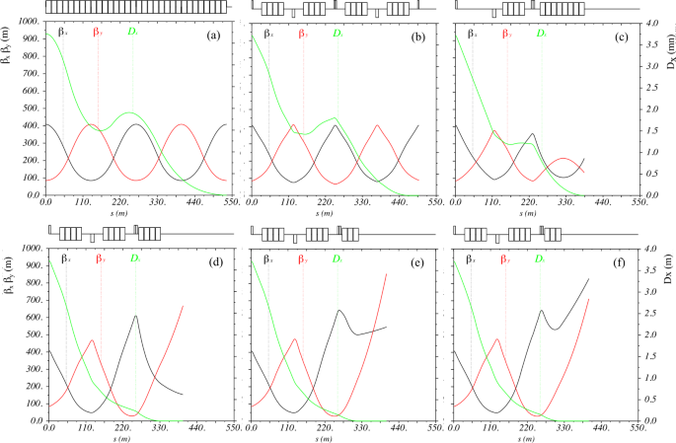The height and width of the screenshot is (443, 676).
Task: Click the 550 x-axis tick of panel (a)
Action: pos(230,202)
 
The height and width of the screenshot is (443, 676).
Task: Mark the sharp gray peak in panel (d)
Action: pos(135,315)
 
